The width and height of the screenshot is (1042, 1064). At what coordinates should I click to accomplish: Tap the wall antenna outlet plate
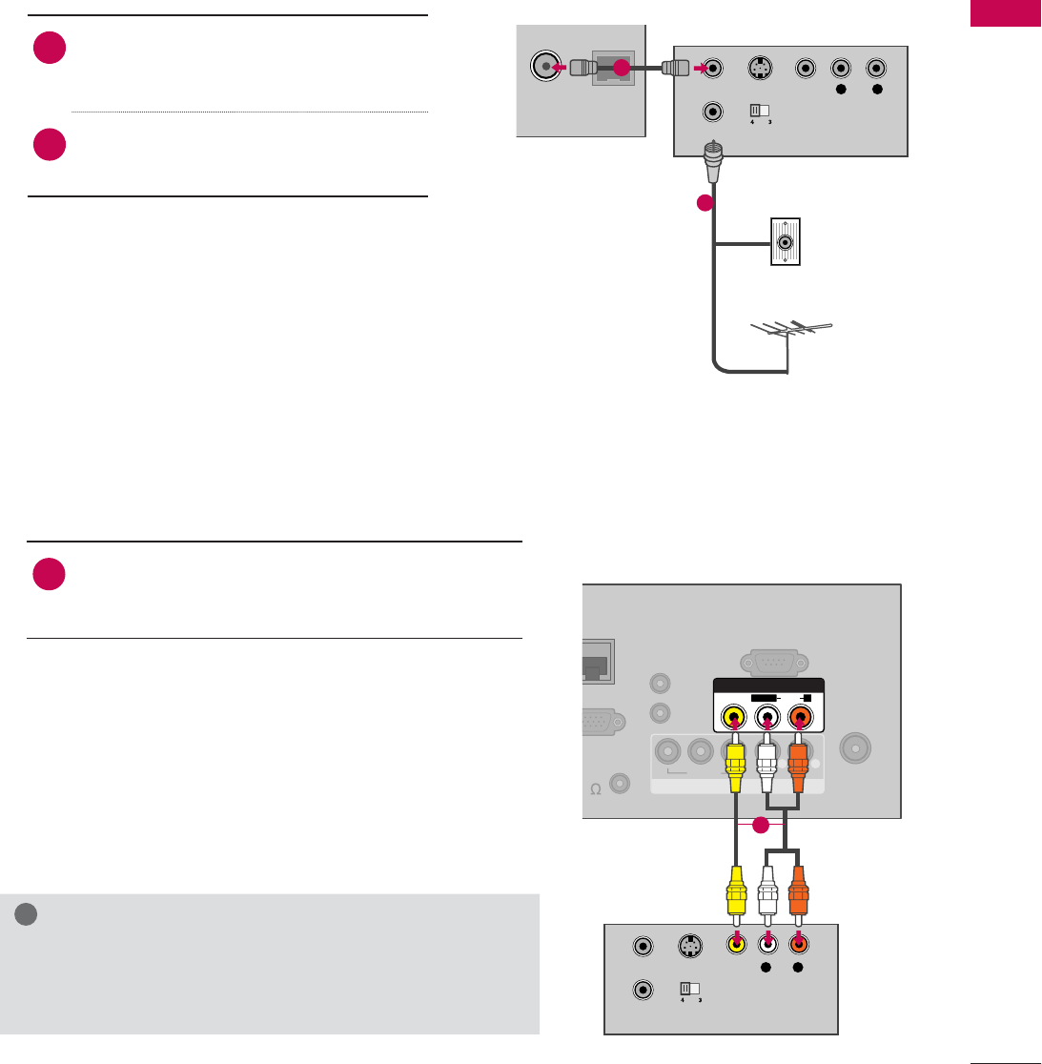[x=785, y=242]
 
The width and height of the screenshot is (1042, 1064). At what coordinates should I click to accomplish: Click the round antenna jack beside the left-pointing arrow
[x=543, y=69]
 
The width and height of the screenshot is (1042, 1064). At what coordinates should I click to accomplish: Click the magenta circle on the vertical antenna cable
[x=705, y=203]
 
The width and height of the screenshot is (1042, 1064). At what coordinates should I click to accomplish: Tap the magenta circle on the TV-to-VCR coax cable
[x=621, y=69]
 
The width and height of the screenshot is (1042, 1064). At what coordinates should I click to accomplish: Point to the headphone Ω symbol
[x=595, y=789]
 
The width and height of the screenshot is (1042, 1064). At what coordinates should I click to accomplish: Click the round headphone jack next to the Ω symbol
[x=621, y=784]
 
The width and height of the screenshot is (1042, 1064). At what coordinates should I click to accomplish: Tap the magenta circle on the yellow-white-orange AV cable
[x=761, y=826]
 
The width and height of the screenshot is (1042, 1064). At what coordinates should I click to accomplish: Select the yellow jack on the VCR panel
[x=735, y=946]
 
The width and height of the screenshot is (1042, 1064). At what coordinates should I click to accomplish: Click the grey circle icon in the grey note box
[x=27, y=913]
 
